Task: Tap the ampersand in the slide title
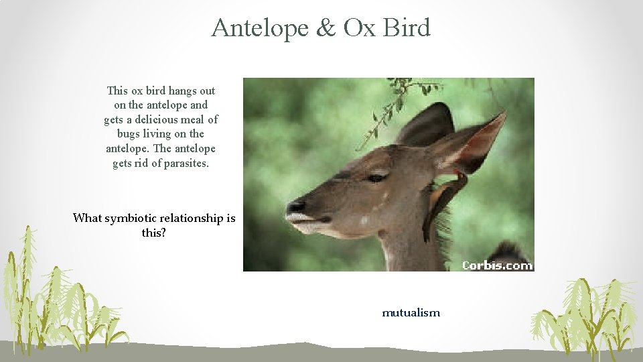click(x=326, y=28)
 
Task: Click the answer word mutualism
click(x=411, y=312)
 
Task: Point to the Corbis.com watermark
click(x=497, y=265)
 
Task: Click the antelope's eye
click(x=377, y=178)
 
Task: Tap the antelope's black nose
click(x=295, y=206)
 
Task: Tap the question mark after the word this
click(x=163, y=233)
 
